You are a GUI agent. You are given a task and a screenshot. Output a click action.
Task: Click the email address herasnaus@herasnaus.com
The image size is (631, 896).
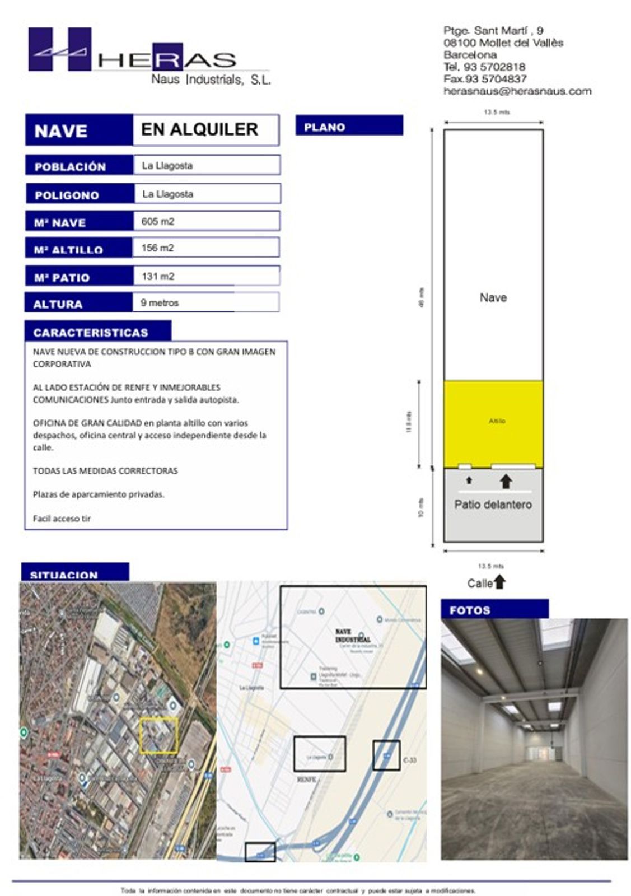[x=517, y=91]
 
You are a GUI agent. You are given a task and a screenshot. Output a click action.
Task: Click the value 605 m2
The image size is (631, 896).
[x=158, y=221]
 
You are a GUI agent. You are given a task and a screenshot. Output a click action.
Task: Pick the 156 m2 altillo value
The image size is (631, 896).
[x=158, y=248]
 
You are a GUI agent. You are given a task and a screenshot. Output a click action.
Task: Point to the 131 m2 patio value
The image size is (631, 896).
[x=158, y=276]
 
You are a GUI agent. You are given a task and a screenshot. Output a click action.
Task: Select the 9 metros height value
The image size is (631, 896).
[x=160, y=302]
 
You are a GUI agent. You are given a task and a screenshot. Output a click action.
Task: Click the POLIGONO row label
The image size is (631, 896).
[x=67, y=195]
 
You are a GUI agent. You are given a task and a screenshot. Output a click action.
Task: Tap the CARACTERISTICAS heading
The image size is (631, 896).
[x=91, y=332]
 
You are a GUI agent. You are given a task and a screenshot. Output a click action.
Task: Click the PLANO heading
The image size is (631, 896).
[x=325, y=127]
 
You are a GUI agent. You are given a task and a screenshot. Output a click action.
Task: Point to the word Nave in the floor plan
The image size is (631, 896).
[x=493, y=297]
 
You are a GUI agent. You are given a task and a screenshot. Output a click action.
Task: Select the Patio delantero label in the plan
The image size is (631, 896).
[x=493, y=504]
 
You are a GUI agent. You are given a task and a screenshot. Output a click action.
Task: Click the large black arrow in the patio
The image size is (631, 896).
[x=506, y=481]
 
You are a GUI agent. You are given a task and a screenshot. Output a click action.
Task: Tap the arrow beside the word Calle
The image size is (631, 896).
[x=500, y=582]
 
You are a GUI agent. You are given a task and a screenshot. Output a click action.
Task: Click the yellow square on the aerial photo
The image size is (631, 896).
[x=159, y=735]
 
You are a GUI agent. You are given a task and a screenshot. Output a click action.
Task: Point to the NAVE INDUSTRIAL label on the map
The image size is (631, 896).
[x=353, y=636]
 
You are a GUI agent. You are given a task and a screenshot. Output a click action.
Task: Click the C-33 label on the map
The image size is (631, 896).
[x=410, y=760]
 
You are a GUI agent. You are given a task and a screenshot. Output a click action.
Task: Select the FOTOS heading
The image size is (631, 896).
[x=470, y=610]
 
